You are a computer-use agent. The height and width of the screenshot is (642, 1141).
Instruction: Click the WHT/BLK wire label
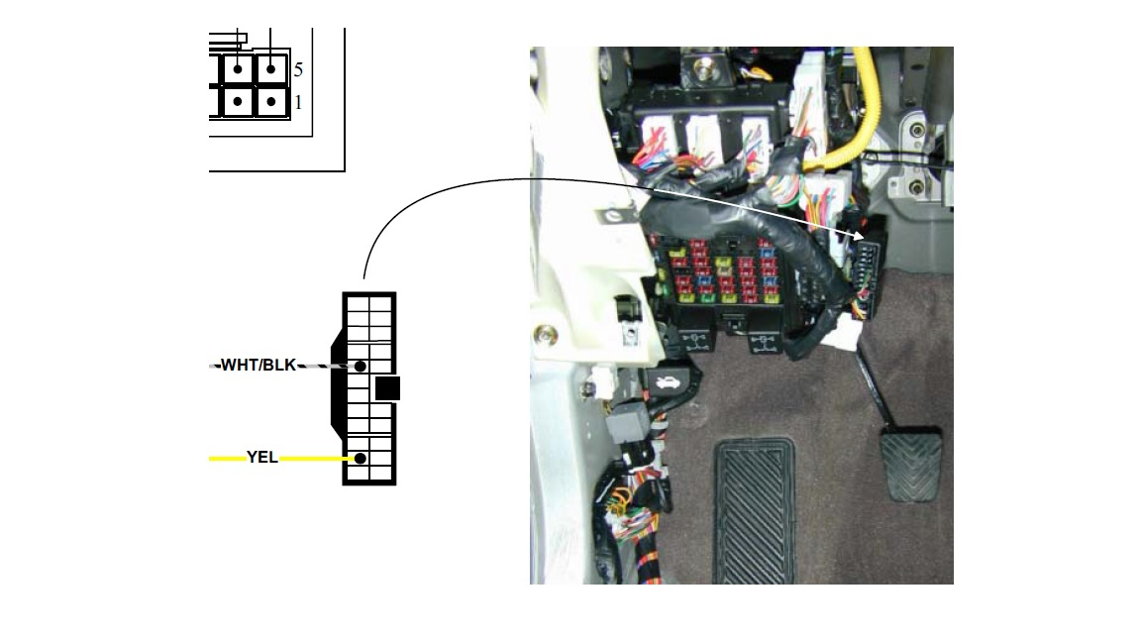(x=259, y=365)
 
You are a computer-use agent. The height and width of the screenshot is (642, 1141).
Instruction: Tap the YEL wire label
(x=261, y=457)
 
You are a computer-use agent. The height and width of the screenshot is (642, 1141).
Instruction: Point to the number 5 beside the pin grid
(x=298, y=70)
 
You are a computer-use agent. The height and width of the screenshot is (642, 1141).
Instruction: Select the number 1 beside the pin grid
(x=298, y=103)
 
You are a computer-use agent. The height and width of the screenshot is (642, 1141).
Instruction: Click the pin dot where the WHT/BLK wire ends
(x=360, y=367)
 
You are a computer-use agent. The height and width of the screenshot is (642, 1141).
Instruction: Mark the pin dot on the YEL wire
(x=360, y=459)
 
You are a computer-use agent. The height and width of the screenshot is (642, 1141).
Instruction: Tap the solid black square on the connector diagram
(x=388, y=388)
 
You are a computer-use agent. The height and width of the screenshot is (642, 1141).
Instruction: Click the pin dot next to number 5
(x=270, y=70)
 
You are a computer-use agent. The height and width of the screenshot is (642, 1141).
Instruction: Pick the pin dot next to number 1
(x=270, y=102)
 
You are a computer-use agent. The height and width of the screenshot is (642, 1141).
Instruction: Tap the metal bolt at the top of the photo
(x=702, y=69)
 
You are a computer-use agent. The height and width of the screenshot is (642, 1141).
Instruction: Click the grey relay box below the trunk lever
(x=623, y=428)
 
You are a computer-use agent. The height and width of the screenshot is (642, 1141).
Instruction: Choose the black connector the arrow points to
(x=868, y=276)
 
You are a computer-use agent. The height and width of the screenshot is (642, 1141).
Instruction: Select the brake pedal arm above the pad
(x=874, y=385)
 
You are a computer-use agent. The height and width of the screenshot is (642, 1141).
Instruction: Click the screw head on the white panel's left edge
(x=544, y=336)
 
